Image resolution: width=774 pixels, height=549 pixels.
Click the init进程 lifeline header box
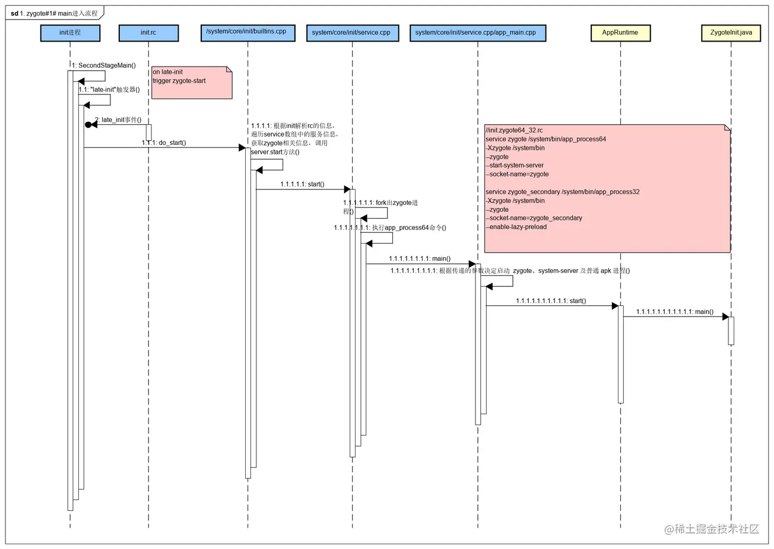[70, 33]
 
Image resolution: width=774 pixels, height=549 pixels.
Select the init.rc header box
[148, 33]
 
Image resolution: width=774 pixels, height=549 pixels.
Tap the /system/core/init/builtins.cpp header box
[248, 33]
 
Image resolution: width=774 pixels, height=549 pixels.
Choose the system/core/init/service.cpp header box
[353, 33]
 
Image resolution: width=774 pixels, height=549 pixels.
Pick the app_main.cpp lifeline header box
[478, 33]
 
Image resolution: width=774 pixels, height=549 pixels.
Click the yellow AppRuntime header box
[620, 33]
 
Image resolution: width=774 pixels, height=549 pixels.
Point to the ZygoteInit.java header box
[731, 33]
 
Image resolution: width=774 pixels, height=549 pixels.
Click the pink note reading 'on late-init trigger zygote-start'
[192, 83]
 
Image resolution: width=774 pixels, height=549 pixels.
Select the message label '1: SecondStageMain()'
[104, 65]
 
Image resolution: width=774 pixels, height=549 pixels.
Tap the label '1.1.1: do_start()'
[164, 143]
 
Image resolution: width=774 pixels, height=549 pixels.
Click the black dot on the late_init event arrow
[88, 125]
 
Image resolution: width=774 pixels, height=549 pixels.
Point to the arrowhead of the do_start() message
[242, 148]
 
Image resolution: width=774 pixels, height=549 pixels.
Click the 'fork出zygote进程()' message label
[380, 207]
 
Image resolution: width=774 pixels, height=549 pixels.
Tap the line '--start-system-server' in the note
[515, 165]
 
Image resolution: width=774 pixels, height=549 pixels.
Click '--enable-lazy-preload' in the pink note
[516, 227]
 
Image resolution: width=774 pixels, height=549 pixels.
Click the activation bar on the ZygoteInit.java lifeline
[731, 331]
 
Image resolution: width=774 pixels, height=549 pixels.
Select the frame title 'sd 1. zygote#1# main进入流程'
[54, 14]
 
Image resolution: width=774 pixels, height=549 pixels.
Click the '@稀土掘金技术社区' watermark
[712, 529]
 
